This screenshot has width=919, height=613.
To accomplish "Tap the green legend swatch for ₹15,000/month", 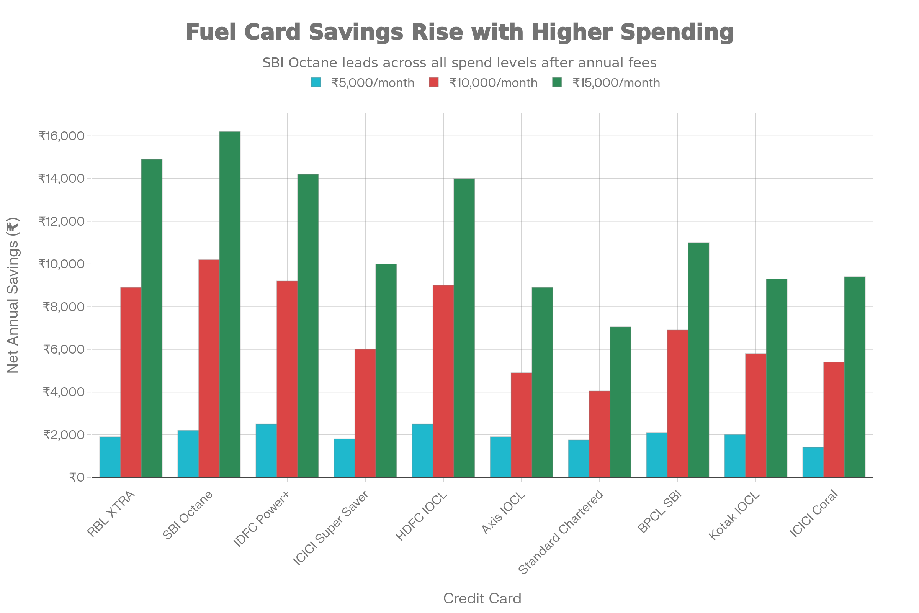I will pyautogui.click(x=557, y=82).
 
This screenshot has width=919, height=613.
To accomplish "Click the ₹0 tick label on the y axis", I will pyautogui.click(x=77, y=477).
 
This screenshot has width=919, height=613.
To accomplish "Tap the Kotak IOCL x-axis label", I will pyautogui.click(x=734, y=516).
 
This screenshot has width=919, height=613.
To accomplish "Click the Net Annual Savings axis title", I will pyautogui.click(x=13, y=295).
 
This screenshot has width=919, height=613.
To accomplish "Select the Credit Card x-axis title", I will pyautogui.click(x=482, y=598).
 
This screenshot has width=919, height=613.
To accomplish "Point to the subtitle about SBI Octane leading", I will pyautogui.click(x=459, y=63).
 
